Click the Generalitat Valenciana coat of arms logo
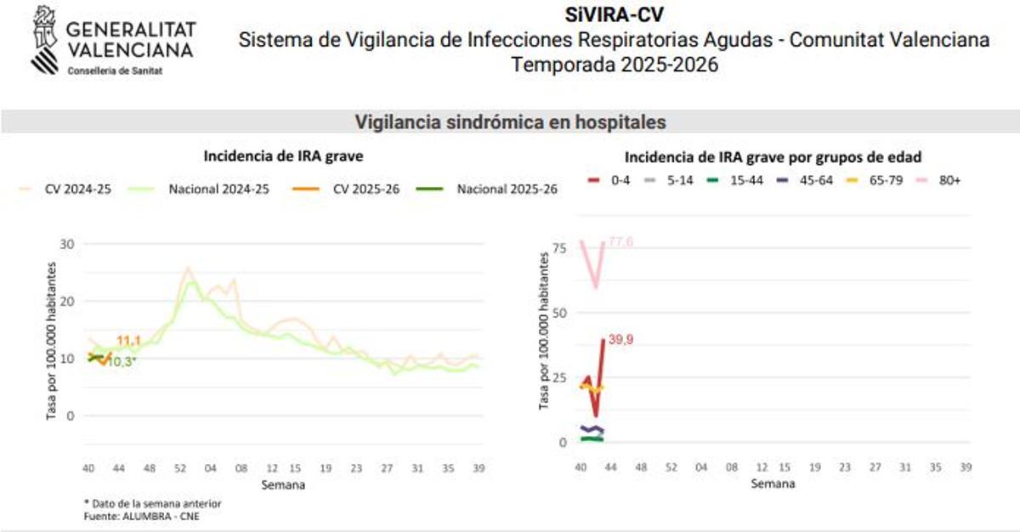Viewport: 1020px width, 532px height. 45,40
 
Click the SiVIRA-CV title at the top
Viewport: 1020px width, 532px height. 614,14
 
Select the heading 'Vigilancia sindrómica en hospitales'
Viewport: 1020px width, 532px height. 510,122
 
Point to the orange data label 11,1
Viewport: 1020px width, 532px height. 128,341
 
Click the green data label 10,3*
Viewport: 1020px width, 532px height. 122,361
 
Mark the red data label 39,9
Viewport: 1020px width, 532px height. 621,339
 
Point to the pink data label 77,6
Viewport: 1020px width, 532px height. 620,243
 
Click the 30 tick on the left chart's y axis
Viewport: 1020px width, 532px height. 66,244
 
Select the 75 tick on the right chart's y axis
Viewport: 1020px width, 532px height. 560,247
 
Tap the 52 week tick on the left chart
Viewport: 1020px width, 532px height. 181,468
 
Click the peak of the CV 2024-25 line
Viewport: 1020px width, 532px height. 188,268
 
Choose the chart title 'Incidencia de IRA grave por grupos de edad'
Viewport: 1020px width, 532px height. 773,156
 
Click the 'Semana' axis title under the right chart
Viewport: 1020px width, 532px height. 773,484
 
